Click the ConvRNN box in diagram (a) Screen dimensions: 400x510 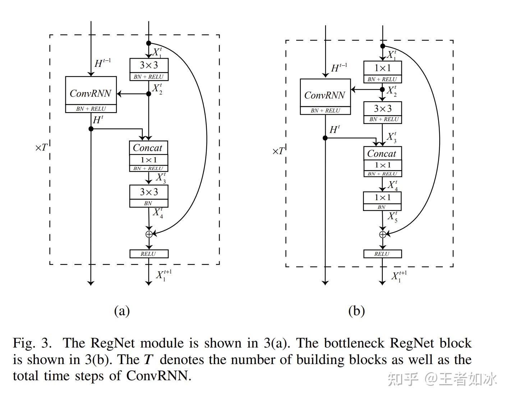click(x=91, y=94)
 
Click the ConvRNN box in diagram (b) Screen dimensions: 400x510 click(x=325, y=96)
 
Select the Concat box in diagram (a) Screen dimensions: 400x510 click(x=148, y=148)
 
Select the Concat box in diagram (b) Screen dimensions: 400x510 click(x=382, y=153)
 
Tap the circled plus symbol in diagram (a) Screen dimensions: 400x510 click(x=149, y=234)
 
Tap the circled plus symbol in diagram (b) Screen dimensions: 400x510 click(x=383, y=234)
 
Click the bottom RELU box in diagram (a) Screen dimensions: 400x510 click(x=149, y=254)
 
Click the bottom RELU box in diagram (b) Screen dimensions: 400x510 click(x=382, y=254)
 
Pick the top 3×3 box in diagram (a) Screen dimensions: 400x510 click(x=149, y=69)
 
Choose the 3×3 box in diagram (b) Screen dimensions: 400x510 click(x=382, y=112)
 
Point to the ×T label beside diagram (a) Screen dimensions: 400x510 click(x=41, y=147)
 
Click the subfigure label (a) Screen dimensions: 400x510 click(x=122, y=311)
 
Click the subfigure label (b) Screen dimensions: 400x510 click(x=356, y=311)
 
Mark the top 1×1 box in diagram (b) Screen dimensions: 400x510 click(x=382, y=72)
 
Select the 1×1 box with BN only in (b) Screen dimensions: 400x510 click(x=382, y=201)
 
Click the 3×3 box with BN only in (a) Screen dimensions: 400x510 click(x=149, y=196)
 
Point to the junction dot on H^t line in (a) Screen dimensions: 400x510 click(x=91, y=129)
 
